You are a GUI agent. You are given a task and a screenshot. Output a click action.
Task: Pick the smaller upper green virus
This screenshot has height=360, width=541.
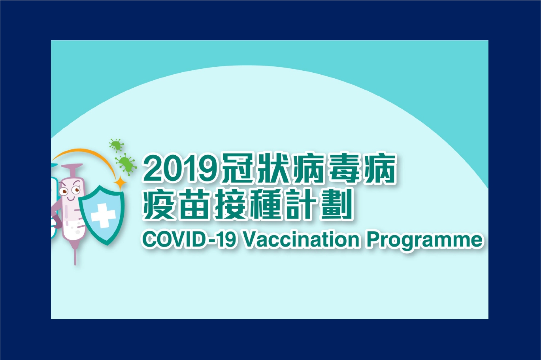[117, 145]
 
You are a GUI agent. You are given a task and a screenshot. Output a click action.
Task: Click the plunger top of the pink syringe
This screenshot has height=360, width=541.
[72, 166]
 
